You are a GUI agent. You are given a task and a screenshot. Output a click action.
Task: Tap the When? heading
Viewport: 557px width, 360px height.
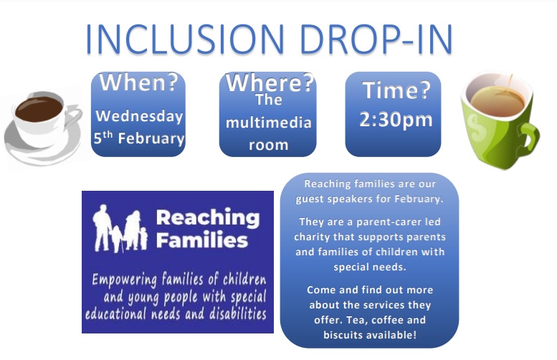click(x=138, y=83)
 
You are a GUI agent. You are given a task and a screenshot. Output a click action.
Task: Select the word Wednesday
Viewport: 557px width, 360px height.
click(x=139, y=116)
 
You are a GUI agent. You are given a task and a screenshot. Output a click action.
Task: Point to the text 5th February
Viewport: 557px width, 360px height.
click(x=139, y=138)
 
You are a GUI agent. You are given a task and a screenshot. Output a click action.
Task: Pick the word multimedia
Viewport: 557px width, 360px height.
click(x=269, y=123)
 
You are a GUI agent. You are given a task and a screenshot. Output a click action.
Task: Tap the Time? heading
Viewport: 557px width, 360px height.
click(x=396, y=91)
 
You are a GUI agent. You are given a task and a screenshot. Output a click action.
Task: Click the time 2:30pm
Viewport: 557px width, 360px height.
click(x=396, y=119)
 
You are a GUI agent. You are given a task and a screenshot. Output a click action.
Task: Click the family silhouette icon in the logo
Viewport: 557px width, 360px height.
click(x=120, y=229)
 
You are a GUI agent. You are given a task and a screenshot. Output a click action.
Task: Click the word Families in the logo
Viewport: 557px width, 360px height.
click(x=201, y=240)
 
